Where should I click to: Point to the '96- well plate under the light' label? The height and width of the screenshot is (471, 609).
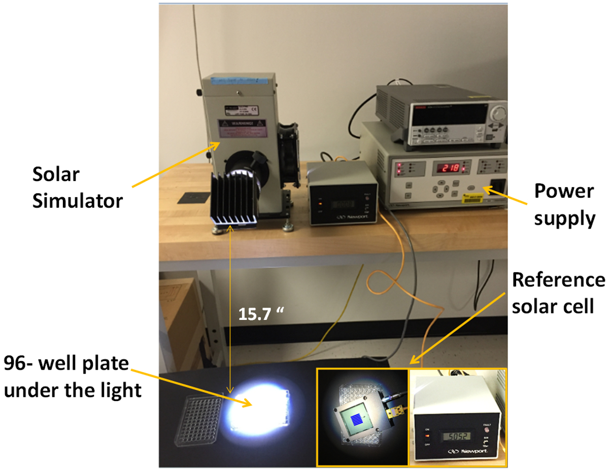(71, 377)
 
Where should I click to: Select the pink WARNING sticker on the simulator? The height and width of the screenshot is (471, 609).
(243, 128)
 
